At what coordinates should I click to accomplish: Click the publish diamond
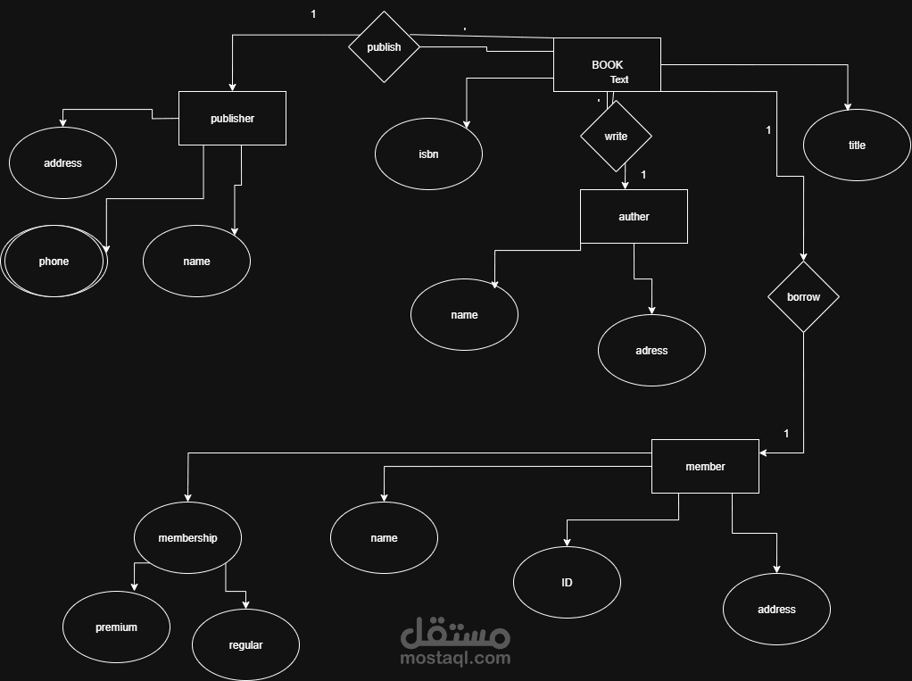(384, 47)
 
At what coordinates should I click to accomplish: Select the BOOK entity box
(607, 64)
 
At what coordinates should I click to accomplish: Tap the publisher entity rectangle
(232, 118)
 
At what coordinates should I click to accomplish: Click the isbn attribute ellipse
(428, 154)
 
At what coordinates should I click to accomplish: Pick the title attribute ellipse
(857, 145)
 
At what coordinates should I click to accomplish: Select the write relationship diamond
(616, 137)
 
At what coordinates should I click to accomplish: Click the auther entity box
(634, 216)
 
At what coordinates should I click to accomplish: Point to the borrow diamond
(803, 296)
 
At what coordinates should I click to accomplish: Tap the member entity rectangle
(705, 466)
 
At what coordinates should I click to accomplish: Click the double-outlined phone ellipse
(54, 261)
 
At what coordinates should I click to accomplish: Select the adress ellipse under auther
(651, 350)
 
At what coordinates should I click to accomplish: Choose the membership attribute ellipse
(187, 537)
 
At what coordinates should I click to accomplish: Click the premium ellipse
(116, 627)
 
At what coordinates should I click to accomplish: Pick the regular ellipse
(245, 644)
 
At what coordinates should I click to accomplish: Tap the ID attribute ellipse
(567, 582)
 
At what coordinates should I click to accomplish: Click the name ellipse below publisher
(196, 261)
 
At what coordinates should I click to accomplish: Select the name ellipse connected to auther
(464, 314)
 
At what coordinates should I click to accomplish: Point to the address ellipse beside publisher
(62, 162)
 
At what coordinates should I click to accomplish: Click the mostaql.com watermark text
(456, 658)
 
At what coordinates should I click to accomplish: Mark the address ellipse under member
(776, 609)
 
